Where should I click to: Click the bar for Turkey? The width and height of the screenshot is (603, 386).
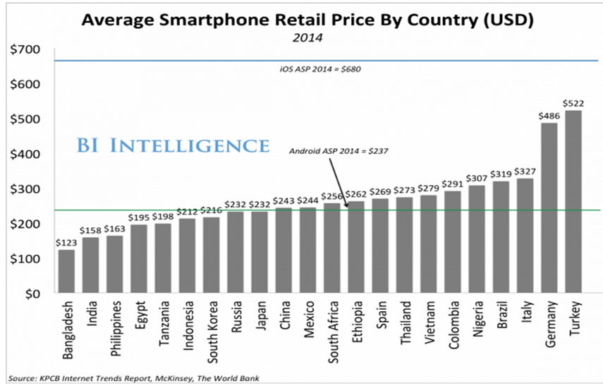[573, 202]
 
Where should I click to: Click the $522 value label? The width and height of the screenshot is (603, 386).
[573, 103]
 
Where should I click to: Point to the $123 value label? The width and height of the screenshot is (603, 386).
[67, 242]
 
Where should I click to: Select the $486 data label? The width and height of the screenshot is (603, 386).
[549, 115]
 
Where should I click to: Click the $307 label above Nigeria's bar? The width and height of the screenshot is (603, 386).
[476, 178]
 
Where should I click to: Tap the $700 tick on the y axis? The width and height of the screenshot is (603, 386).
[26, 49]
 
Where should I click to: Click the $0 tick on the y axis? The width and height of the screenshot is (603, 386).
[33, 294]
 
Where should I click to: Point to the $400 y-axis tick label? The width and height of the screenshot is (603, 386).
[26, 154]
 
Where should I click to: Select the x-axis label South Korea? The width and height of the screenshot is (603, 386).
[212, 332]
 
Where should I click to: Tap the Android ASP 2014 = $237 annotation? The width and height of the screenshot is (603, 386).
[339, 150]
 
